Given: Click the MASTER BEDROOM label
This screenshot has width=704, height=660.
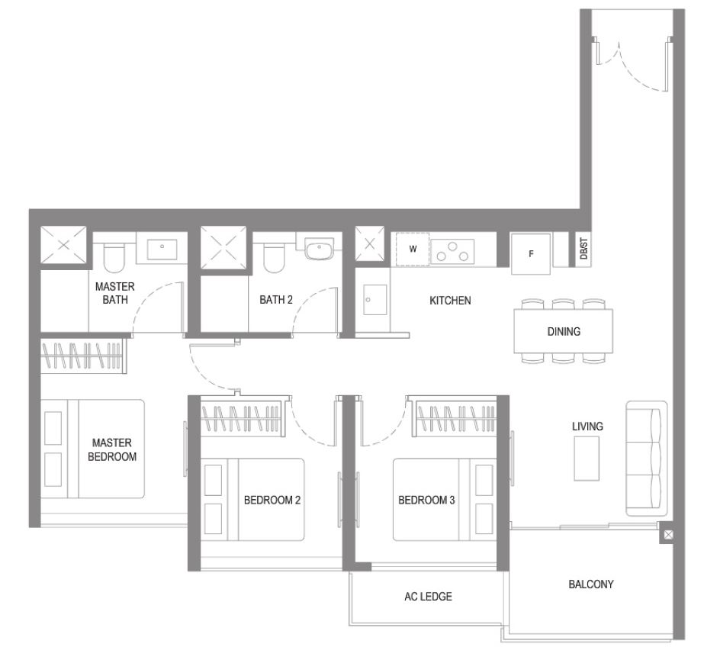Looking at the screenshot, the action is (112, 449).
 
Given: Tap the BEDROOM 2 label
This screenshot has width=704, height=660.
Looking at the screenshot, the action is (272, 500).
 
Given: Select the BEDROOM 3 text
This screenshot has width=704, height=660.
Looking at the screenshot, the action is (426, 500).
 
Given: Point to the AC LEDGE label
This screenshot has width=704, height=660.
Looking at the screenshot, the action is (428, 597).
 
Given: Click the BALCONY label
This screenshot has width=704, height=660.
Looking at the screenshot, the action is (591, 584).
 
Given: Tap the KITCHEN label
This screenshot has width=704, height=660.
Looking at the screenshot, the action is (450, 301).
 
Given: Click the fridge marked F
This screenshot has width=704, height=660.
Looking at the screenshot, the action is (531, 254).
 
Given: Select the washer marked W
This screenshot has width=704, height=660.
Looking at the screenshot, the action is (413, 249).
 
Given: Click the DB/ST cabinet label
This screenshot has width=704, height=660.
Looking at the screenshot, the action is (583, 249).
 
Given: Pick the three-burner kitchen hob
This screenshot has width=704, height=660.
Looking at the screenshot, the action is (452, 252).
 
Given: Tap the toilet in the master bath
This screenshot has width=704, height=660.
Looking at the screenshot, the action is (114, 257).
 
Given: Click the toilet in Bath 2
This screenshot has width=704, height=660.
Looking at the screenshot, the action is (274, 259).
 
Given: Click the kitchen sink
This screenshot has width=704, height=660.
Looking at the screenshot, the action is (375, 300).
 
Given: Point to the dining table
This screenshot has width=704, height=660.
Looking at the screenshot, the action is (564, 331).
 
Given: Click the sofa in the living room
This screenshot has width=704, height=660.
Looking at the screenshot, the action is (647, 459).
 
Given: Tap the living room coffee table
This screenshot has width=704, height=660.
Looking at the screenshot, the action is (587, 459).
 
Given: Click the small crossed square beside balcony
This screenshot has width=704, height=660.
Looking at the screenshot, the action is (668, 535).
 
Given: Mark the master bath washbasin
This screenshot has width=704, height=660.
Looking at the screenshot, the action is (162, 250).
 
